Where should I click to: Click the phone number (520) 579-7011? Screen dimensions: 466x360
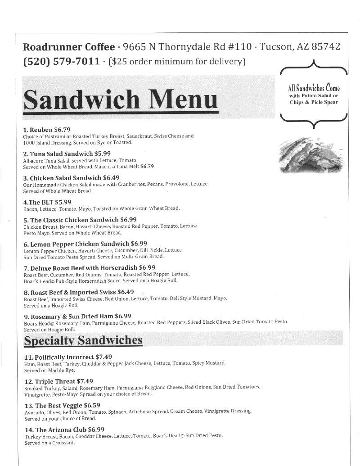point(61,61)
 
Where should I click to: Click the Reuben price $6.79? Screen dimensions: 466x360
point(62,130)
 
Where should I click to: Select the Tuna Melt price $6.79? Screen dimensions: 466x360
point(147,166)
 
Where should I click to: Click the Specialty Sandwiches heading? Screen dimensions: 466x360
point(83,340)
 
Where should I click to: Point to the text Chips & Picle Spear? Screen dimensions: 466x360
point(314,102)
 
